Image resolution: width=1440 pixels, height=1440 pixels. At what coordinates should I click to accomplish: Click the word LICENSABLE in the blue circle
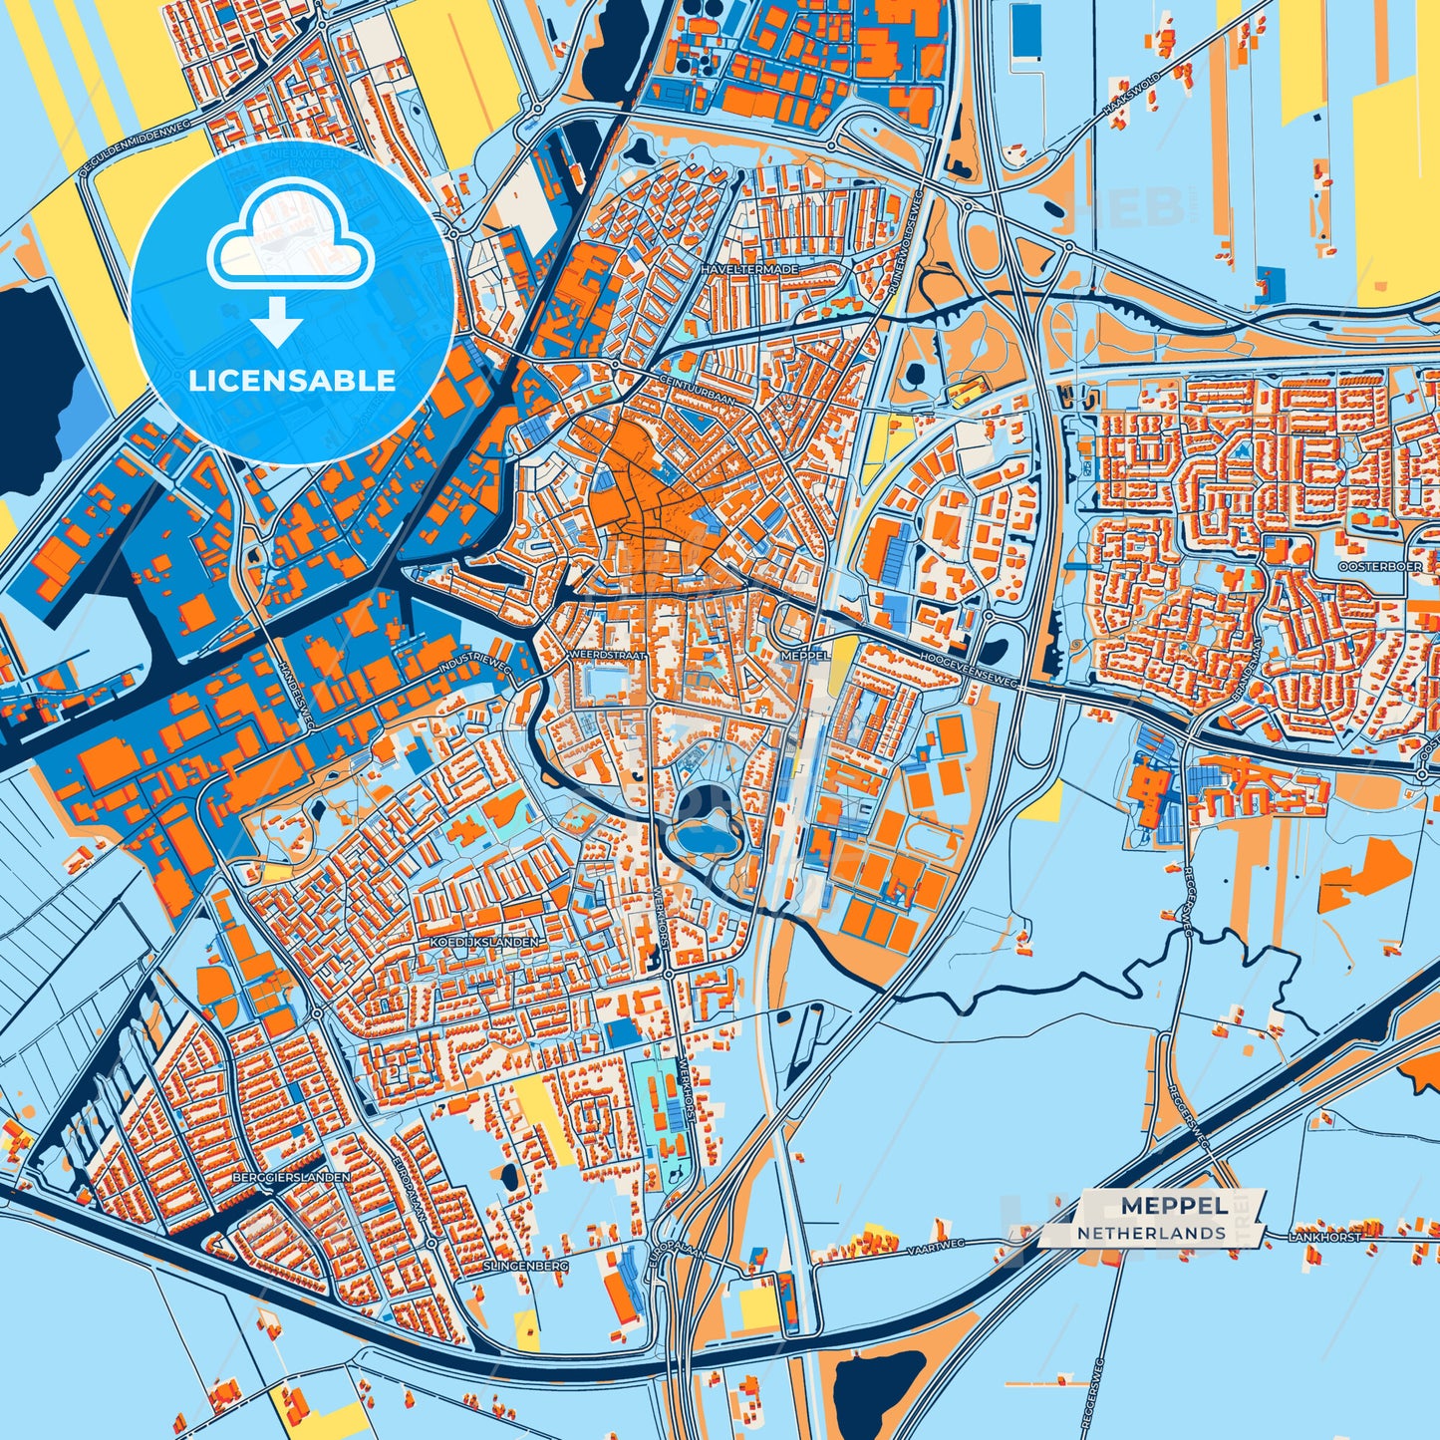292,381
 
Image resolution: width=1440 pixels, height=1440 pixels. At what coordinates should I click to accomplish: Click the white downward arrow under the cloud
277,321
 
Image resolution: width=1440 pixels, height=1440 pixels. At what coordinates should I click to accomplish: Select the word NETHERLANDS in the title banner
1151,1233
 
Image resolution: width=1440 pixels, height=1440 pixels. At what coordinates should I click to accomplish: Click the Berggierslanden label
290,1177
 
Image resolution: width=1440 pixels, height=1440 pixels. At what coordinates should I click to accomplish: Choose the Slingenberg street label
525,1266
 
